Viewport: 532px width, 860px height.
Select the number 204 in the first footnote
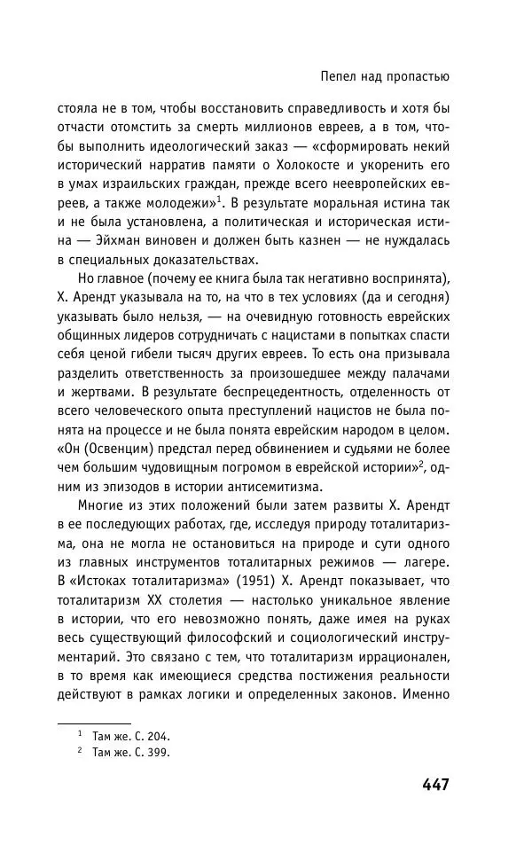[157, 735]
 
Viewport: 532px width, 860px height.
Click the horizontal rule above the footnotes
[95, 723]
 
